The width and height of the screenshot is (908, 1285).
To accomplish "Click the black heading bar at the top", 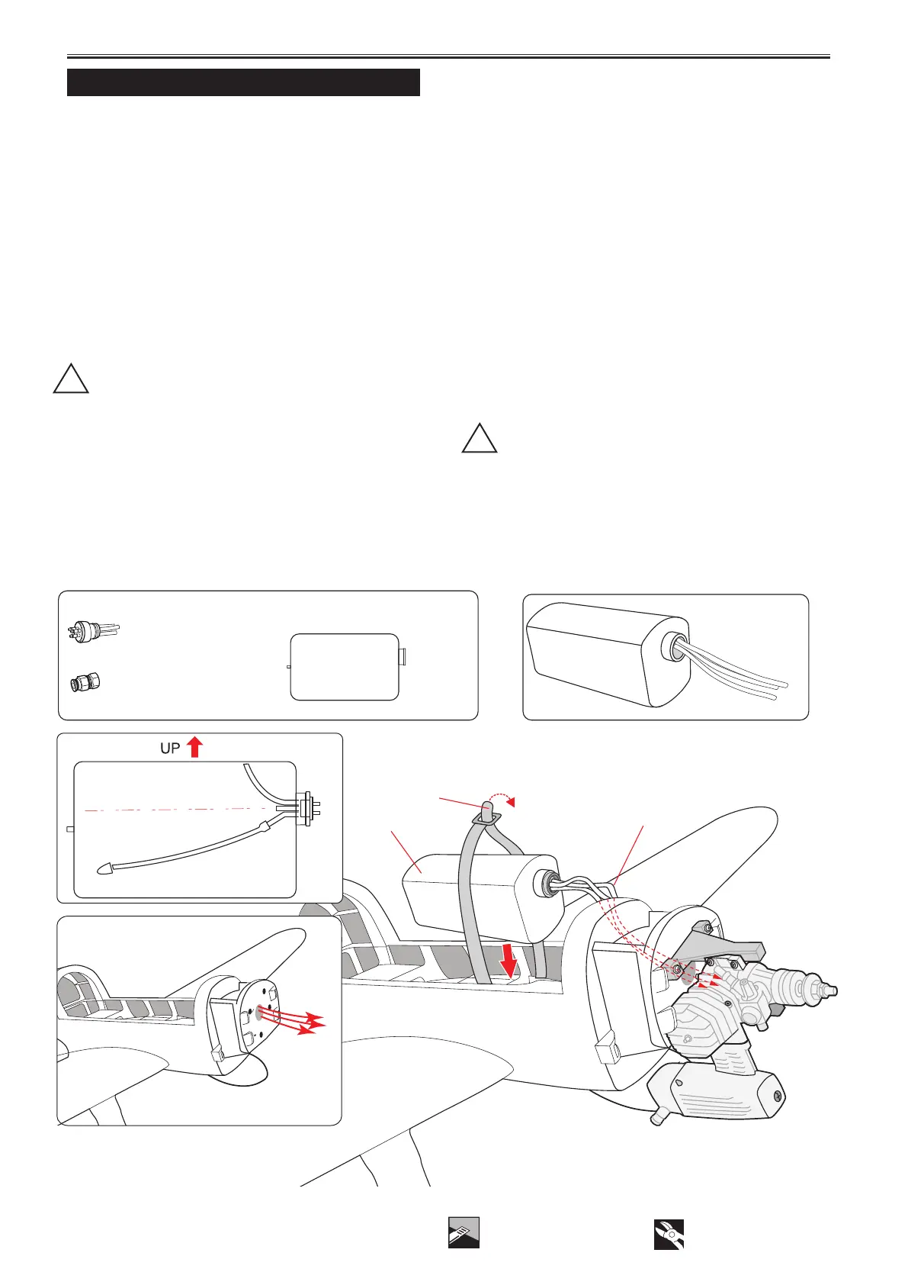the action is point(243,82).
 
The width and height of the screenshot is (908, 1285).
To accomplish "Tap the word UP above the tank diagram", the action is point(169,749).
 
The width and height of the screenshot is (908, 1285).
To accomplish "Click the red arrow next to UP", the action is point(194,746).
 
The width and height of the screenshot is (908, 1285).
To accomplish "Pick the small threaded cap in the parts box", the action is point(85,681).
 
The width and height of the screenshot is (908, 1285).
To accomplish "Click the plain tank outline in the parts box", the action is point(345,666).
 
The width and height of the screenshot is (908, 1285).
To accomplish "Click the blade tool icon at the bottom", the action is point(464,1232).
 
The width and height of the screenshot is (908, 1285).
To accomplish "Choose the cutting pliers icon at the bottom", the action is point(669,1233).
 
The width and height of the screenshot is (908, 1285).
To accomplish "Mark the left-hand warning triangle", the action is point(71,379).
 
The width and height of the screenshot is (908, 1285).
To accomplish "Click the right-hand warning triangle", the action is point(480,439).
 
